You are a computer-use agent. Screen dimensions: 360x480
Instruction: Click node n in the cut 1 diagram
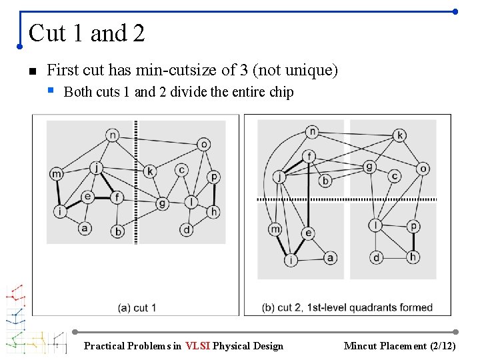pyautogui.click(x=112, y=135)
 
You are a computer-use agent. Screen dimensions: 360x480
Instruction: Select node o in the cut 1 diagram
pyautogui.click(x=204, y=144)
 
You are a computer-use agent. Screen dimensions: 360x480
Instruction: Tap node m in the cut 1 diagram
pyautogui.click(x=57, y=174)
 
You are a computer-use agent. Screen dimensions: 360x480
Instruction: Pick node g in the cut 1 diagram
pyautogui.click(x=162, y=203)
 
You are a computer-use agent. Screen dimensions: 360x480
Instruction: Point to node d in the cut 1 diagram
pyautogui.click(x=187, y=230)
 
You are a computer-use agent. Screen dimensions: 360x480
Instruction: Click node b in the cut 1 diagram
pyautogui.click(x=119, y=231)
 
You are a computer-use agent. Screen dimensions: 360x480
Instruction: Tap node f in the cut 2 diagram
pyautogui.click(x=309, y=157)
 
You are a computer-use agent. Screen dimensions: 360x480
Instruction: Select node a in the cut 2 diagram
pyautogui.click(x=330, y=257)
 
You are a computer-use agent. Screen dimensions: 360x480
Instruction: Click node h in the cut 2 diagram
pyautogui.click(x=413, y=257)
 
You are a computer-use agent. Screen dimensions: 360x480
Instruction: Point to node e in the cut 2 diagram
pyautogui.click(x=308, y=233)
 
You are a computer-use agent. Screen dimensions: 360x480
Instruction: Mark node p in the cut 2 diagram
pyautogui.click(x=414, y=226)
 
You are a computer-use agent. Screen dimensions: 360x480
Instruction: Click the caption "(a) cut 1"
pyautogui.click(x=137, y=307)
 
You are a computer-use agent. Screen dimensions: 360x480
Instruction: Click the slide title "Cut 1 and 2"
pyautogui.click(x=87, y=33)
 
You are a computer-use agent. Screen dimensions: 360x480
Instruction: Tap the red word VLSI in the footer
pyautogui.click(x=198, y=345)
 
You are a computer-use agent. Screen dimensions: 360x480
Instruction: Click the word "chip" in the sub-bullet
pyautogui.click(x=281, y=92)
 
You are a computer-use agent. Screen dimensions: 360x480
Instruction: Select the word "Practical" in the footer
pyautogui.click(x=104, y=345)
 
